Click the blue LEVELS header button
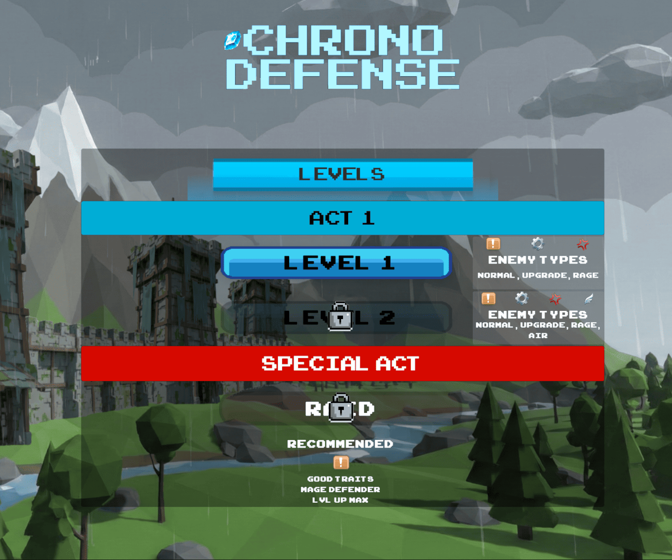pyautogui.click(x=343, y=175)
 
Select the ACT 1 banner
pyautogui.click(x=343, y=218)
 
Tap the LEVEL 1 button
pyautogui.click(x=337, y=263)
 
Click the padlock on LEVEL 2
pyautogui.click(x=340, y=316)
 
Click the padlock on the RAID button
pyautogui.click(x=341, y=408)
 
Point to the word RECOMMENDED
pyautogui.click(x=340, y=444)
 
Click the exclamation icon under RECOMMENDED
pyautogui.click(x=341, y=463)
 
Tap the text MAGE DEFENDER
pyautogui.click(x=340, y=489)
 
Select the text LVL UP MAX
pyautogui.click(x=340, y=500)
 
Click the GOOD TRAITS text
pyautogui.click(x=340, y=479)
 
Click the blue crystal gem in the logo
pyautogui.click(x=232, y=40)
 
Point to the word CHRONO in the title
pyautogui.click(x=343, y=40)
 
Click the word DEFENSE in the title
pyautogui.click(x=343, y=74)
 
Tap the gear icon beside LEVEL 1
pyautogui.click(x=537, y=244)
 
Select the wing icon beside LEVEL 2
pyautogui.click(x=589, y=299)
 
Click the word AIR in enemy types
pyautogui.click(x=538, y=336)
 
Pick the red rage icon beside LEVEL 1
pyautogui.click(x=583, y=244)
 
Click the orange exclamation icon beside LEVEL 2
pyautogui.click(x=488, y=299)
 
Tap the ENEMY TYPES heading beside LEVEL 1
pyautogui.click(x=537, y=260)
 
